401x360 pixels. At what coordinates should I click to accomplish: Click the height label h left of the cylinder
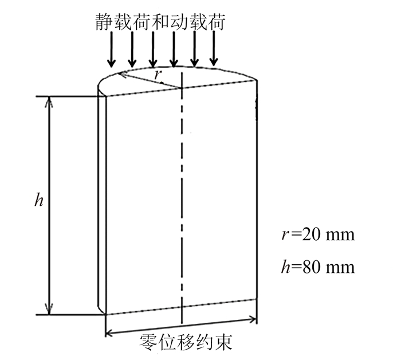click(38, 201)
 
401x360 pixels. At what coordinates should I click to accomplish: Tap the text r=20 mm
click(314, 234)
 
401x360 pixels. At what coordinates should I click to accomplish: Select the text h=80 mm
click(315, 267)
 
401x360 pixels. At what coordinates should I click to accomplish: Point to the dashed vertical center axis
click(182, 201)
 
